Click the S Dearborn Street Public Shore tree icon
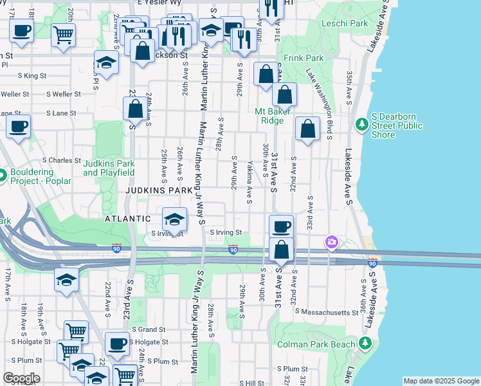click(361, 123)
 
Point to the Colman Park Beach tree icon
click(366, 344)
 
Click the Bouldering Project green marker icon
click(2, 174)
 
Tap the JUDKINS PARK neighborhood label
click(159, 191)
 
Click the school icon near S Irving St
click(174, 219)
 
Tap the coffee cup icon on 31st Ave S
click(281, 226)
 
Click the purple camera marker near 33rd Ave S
click(332, 242)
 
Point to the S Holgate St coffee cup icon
click(116, 344)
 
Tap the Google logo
click(21, 378)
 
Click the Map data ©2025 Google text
click(440, 381)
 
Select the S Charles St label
click(62, 160)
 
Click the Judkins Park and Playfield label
click(109, 168)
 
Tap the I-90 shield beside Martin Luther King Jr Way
click(233, 248)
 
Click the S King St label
click(32, 75)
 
